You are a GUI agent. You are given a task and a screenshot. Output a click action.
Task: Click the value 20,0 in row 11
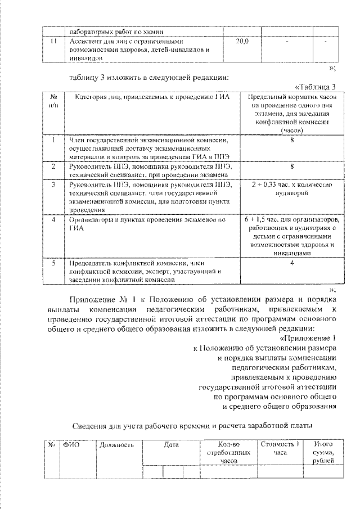[242, 42]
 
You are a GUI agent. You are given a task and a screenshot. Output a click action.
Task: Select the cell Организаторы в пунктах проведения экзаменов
[147, 223]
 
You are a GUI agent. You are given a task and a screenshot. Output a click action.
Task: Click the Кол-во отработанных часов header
[228, 452]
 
